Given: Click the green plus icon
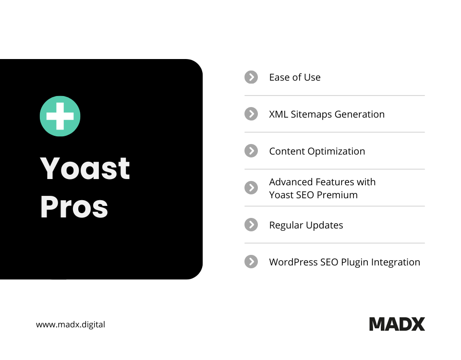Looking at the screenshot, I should (x=60, y=116).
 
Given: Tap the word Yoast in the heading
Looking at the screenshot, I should (x=85, y=168).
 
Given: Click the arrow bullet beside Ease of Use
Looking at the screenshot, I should (x=251, y=77).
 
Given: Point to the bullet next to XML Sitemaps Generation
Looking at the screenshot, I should (x=251, y=114).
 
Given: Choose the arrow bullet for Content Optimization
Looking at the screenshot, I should (x=251, y=151).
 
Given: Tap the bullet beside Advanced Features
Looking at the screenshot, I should (x=251, y=188).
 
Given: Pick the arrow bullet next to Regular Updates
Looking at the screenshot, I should (x=251, y=225).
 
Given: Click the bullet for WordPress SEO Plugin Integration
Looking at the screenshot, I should (x=251, y=262).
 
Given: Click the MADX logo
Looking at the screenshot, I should (x=397, y=324).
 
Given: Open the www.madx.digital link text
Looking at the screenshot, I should (x=71, y=324).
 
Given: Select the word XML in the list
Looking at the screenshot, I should (x=279, y=114).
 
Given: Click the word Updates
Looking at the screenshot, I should (x=327, y=226).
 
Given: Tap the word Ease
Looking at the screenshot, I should (x=279, y=77).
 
